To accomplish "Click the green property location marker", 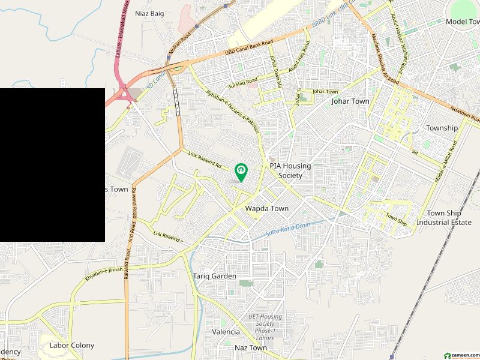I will click(x=241, y=172).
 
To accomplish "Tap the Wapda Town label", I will click(x=267, y=209).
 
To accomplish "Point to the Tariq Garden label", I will click(x=214, y=276).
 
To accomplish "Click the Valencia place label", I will click(x=226, y=332).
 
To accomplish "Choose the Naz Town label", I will click(x=251, y=348).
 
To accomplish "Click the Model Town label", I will click(x=461, y=22).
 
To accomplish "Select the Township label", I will click(x=442, y=128).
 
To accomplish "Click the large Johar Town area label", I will click(x=350, y=101).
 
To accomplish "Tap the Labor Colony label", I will click(x=72, y=345).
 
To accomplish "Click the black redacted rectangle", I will click(x=52, y=165).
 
